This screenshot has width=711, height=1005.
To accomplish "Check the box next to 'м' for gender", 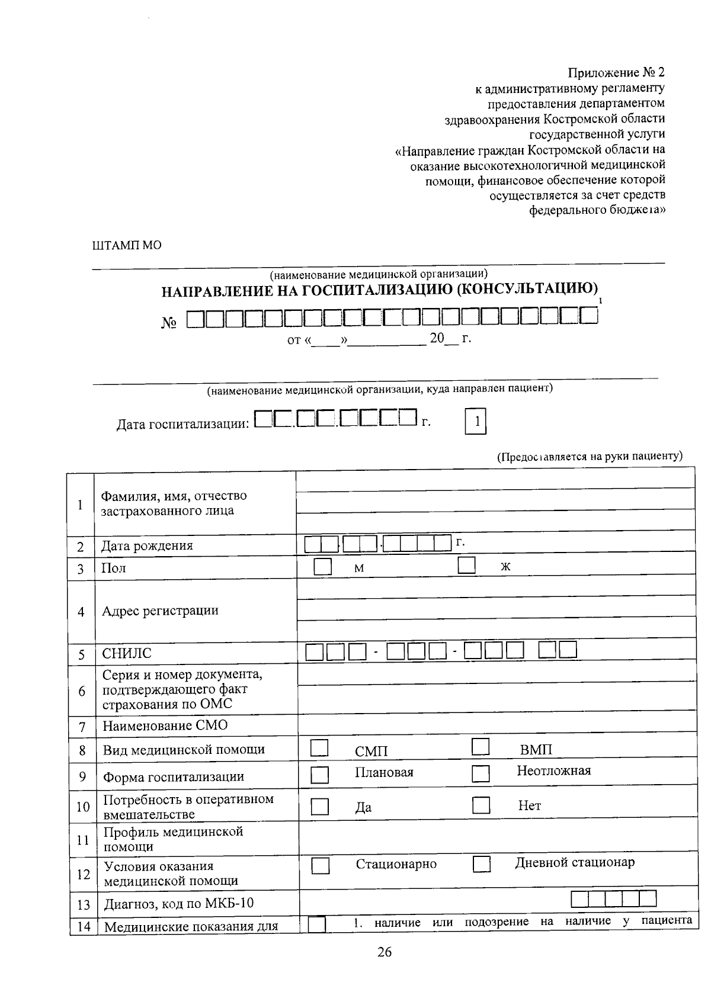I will point(322,566).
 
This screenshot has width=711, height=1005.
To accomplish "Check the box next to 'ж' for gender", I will point(466,565).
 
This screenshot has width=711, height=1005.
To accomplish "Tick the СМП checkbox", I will point(319,747).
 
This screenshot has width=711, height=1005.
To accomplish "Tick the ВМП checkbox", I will point(480,747).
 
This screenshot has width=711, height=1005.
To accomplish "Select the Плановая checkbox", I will point(320,775).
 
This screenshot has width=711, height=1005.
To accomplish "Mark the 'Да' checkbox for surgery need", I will point(320,807).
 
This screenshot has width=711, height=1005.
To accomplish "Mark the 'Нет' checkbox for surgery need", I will point(481,805).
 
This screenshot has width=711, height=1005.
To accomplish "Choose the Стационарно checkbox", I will point(321,866).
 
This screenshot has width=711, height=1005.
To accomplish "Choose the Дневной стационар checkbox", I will point(482,865).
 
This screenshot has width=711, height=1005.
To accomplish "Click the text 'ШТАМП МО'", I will point(127,245).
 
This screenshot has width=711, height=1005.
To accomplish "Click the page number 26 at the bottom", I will point(384,952).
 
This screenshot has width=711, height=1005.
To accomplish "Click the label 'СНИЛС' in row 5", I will point(127,654).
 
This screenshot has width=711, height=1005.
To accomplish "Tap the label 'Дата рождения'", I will point(147,545).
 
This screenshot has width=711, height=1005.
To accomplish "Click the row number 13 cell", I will point(83,905).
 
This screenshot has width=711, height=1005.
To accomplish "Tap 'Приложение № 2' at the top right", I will point(616,73).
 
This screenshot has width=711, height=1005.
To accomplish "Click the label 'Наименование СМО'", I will point(165,725).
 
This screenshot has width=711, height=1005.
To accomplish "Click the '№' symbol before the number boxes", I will point(169,323).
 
